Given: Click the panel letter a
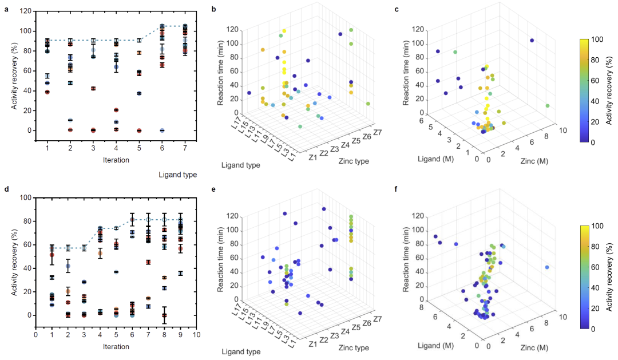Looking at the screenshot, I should [6, 9].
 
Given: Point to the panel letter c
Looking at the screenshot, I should [396, 9].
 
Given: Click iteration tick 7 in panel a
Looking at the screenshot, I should [185, 148].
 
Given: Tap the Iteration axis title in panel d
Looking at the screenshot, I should [116, 346].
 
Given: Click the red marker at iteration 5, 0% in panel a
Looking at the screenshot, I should [139, 130].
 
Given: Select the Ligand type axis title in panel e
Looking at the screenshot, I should [241, 351].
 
